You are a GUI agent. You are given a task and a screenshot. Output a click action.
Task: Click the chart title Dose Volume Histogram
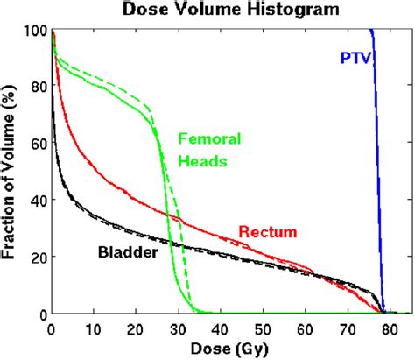click(229, 12)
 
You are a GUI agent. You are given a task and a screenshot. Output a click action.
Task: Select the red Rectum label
click(268, 231)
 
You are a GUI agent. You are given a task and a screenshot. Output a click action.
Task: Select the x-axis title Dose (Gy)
click(227, 348)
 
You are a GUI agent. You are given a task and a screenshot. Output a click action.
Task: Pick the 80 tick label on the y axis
click(37, 88)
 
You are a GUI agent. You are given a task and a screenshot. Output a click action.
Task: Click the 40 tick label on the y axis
click(37, 201)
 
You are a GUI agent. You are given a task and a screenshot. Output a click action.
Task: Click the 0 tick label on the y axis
click(41, 314)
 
